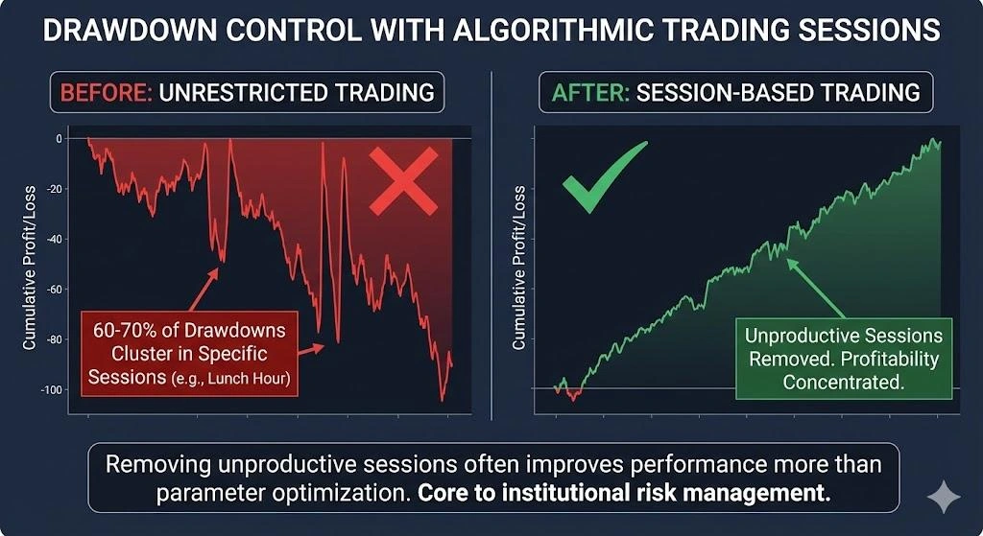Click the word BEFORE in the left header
pos(105,93)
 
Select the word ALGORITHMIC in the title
pos(562,31)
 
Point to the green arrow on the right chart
pos(816,287)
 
